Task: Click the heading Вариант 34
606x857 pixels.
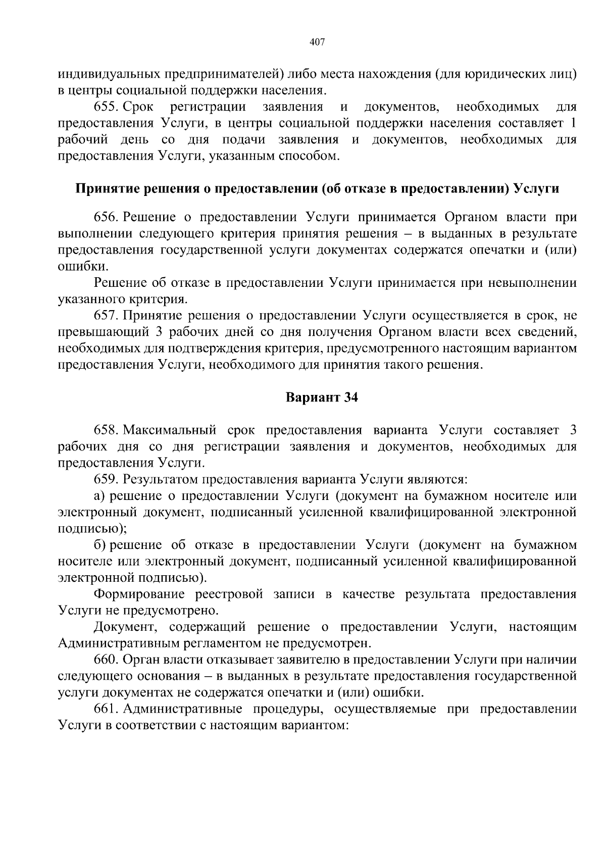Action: (x=322, y=398)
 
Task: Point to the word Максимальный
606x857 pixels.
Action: (x=170, y=431)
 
